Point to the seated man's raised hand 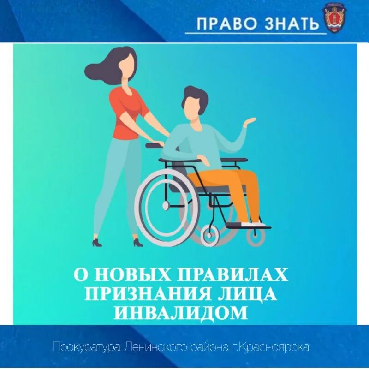pyautogui.click(x=250, y=122)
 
